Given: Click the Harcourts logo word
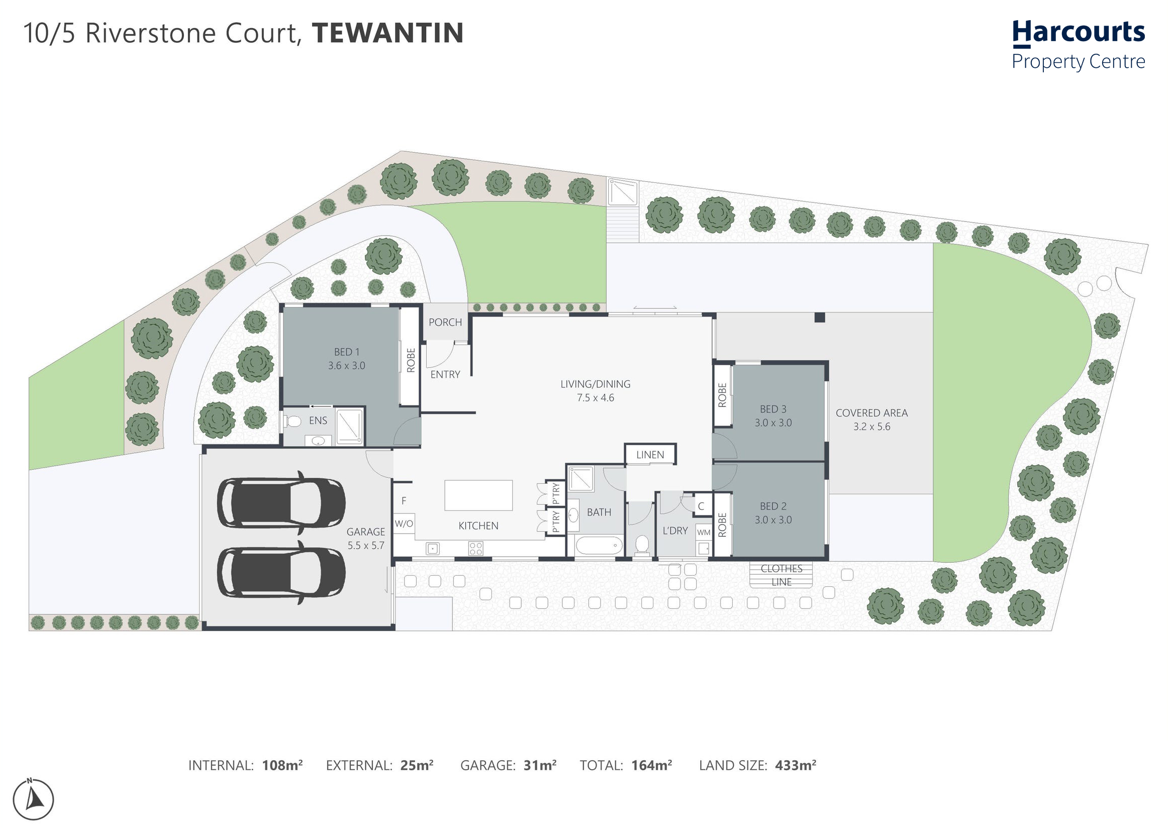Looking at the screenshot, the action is [1078, 33].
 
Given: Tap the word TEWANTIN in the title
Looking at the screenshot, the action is [387, 33].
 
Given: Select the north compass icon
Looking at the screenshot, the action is [33, 799].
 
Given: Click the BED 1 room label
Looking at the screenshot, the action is [347, 352].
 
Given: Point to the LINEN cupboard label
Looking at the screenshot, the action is [650, 455].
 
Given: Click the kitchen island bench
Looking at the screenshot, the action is [478, 495].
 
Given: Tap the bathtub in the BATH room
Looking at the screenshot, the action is [599, 546].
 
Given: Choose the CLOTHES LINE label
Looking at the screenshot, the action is [782, 575].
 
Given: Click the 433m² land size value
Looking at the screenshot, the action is [796, 765].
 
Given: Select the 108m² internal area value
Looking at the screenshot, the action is [282, 765].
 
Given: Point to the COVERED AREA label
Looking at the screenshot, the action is [871, 413].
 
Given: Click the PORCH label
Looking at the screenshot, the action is [445, 322].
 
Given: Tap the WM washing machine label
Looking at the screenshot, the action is [704, 532].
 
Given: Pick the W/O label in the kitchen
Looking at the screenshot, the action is [404, 524].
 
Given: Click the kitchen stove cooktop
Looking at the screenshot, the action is [476, 549].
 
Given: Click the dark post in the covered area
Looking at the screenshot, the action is [820, 317].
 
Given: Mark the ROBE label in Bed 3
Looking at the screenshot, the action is [722, 395].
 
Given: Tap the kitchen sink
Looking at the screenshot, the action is [433, 549].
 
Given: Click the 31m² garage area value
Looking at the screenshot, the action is [540, 765].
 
